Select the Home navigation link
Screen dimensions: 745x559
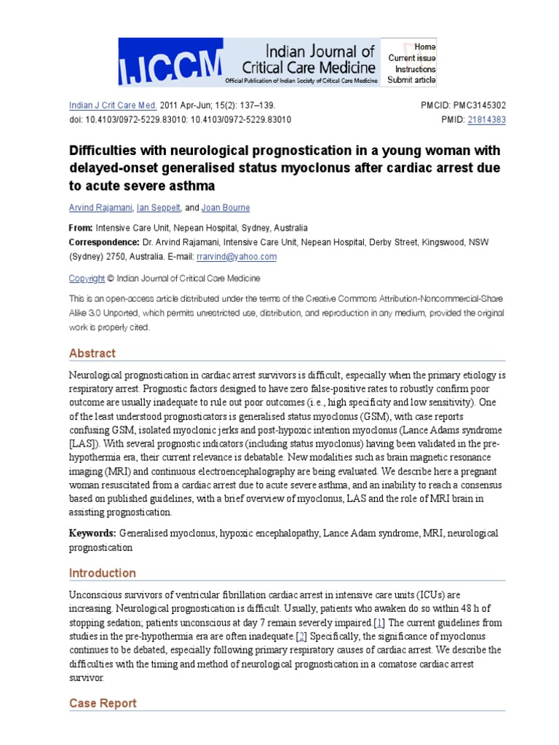tap(425, 47)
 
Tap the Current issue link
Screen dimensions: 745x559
tap(412, 57)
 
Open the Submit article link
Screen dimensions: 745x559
tap(412, 80)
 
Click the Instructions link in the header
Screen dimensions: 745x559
tap(416, 68)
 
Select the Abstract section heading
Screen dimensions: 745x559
tap(92, 354)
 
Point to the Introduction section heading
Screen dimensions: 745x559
tap(103, 573)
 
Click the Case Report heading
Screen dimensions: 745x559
tap(103, 704)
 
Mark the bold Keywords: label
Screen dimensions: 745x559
tap(92, 533)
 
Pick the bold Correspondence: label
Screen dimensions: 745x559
tap(104, 242)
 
